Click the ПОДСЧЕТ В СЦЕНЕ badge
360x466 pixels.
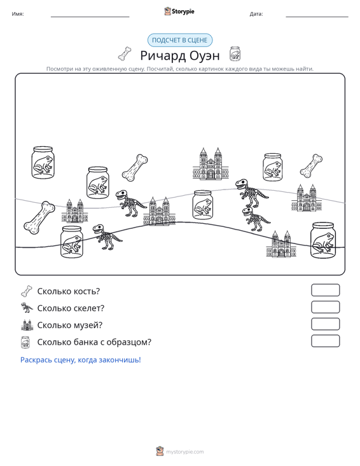[180, 40]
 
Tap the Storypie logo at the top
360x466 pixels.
[179, 11]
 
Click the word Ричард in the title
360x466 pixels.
[163, 55]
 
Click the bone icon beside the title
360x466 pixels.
[125, 53]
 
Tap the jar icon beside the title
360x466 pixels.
[235, 54]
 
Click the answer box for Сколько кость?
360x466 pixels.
[325, 290]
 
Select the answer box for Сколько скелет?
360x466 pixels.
[325, 307]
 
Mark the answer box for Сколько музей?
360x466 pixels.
[325, 324]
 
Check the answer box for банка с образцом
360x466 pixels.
[325, 341]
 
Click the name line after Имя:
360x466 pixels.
[90, 17]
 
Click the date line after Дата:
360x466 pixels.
[317, 17]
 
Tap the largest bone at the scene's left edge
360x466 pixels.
[39, 217]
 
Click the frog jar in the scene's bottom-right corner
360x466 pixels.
[322, 240]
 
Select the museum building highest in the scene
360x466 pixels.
[211, 164]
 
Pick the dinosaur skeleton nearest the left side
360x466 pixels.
[107, 236]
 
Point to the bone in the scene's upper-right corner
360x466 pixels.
[311, 166]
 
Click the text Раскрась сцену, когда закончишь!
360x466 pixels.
[81, 360]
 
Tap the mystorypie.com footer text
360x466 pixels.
[184, 452]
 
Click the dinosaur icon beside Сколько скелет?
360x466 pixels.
[27, 308]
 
